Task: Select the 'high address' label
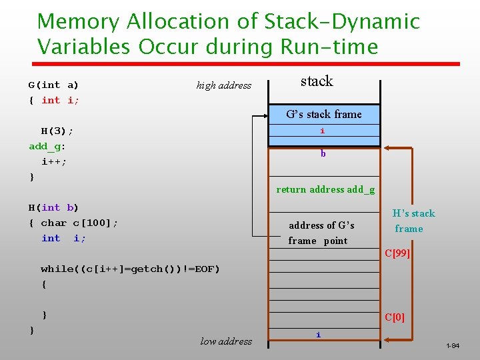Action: coord(224,85)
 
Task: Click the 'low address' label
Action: coord(226,341)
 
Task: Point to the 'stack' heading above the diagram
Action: coord(316,81)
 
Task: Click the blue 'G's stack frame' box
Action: coord(324,114)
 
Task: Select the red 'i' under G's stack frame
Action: coord(323,131)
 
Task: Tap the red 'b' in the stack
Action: coord(323,154)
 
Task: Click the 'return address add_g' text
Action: coord(325,189)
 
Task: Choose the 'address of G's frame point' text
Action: coord(321,233)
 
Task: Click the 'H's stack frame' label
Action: coord(413,221)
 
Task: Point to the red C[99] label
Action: coord(397,254)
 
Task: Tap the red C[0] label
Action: coord(394,317)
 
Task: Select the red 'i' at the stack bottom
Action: coord(318,335)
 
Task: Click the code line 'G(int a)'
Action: coord(53,85)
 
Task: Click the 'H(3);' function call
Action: coord(57,131)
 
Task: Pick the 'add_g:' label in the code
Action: coord(47,146)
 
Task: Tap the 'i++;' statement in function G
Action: coord(54,161)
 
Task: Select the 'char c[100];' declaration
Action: coord(79,223)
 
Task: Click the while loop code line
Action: coord(130,269)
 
